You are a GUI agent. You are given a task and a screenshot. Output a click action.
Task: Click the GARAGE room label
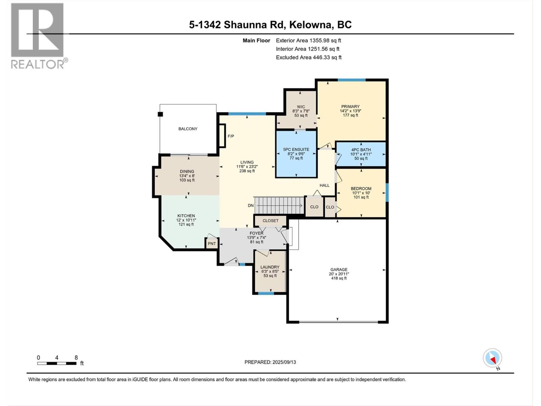pos(338,270)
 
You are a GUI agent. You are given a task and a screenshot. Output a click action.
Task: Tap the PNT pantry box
pos(212,244)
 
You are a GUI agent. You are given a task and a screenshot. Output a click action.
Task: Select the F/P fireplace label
pos(231,136)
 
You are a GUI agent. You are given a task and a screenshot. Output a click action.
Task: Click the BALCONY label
pos(188,129)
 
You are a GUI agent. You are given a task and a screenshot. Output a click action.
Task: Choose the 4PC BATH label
pos(361,150)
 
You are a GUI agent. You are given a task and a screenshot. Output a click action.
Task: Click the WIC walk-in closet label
pos(301,107)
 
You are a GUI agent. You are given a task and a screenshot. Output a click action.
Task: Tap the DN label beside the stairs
pos(251,206)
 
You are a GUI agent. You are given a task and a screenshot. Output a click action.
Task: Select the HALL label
pos(324,185)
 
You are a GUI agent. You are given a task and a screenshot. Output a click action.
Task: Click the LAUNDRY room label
pos(270,267)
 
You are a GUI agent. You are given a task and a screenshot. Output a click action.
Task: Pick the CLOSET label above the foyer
pos(270,221)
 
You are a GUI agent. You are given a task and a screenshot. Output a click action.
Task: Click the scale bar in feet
pos(57,363)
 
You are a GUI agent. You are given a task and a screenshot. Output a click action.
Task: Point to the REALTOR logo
pos(38,36)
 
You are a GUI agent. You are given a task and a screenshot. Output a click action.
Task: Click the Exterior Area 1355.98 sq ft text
pos(308,41)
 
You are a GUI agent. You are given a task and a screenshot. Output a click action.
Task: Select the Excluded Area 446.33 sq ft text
pos(308,58)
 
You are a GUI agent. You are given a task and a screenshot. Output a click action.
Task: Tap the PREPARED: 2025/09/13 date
pos(270,362)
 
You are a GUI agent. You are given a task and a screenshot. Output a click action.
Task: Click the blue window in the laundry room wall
pos(266,293)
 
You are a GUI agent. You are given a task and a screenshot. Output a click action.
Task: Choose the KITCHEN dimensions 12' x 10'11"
pos(186,220)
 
